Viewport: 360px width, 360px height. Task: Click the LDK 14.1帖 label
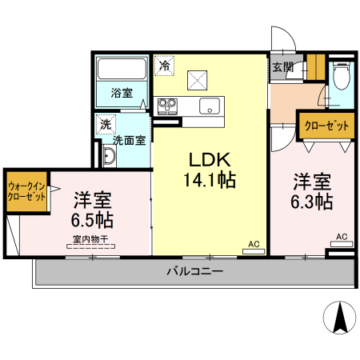[210, 170]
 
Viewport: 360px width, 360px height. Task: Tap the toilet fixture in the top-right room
[342, 76]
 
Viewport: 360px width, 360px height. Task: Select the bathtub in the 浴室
[122, 69]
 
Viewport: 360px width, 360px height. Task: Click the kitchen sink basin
[210, 106]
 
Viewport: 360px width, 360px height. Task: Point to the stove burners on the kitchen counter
[167, 106]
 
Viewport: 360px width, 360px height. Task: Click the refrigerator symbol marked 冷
[165, 66]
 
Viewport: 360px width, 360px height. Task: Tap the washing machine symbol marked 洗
[106, 124]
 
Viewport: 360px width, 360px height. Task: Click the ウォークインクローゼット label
[26, 191]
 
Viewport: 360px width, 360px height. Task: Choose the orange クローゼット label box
[326, 126]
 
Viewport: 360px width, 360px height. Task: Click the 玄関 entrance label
[282, 67]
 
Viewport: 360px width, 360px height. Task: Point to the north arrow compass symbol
[340, 318]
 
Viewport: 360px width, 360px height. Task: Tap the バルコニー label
[195, 272]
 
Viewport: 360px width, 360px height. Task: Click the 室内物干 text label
[90, 239]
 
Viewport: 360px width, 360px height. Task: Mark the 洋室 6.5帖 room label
[92, 210]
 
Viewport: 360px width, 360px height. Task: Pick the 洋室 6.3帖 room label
[312, 191]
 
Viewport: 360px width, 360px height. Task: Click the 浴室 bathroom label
[122, 93]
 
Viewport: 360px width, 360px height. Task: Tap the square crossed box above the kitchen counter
[198, 80]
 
